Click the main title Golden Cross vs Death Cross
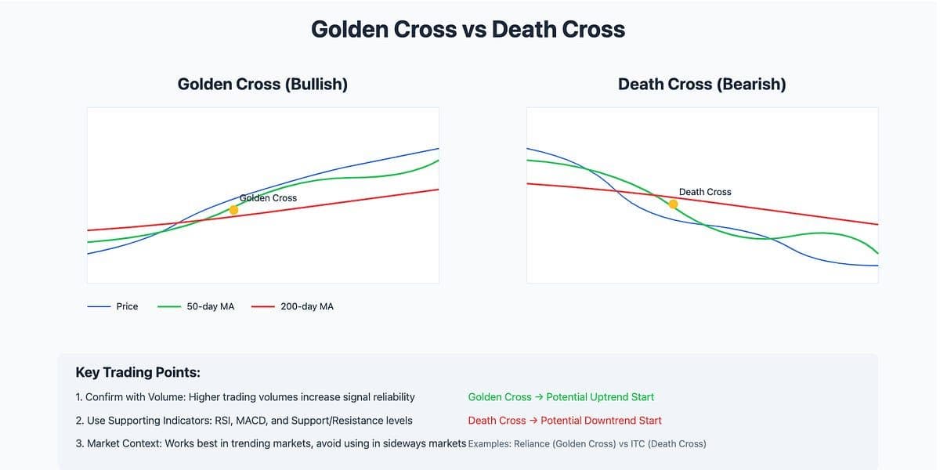[468, 30]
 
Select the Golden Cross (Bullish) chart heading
[262, 84]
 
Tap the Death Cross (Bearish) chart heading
[702, 84]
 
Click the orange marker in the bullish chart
[233, 210]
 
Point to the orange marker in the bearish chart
[673, 204]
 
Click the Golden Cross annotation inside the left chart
[269, 198]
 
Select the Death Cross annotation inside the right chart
[705, 192]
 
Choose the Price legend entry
[127, 306]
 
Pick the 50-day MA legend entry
[210, 306]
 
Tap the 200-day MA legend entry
[306, 306]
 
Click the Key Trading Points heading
[138, 373]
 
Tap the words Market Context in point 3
[124, 444]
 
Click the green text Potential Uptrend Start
[599, 397]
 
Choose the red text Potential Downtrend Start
[601, 421]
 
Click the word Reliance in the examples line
[537, 444]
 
